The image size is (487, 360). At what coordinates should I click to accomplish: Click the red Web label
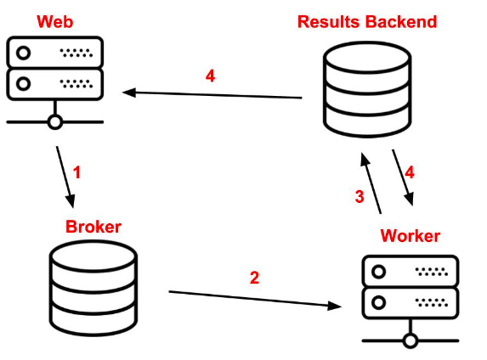[x=55, y=22]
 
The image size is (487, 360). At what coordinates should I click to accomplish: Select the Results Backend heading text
[x=367, y=22]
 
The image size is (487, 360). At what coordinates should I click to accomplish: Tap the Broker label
[x=93, y=227]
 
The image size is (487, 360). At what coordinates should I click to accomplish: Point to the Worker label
[x=410, y=236]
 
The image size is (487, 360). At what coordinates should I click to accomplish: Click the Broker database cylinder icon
[x=93, y=288]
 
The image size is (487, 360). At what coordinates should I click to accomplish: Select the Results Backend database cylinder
[x=367, y=89]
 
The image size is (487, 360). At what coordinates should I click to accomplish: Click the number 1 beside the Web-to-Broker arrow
[x=76, y=172]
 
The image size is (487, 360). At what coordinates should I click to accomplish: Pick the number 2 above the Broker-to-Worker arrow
[x=254, y=278]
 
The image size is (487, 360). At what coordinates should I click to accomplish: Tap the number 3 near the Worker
[x=360, y=196]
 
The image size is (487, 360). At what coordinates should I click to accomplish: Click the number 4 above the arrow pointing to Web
[x=210, y=76]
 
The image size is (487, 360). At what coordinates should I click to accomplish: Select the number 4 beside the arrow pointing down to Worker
[x=410, y=172]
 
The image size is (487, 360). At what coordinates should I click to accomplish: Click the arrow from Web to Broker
[x=65, y=177]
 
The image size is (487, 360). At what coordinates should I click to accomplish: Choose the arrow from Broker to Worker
[x=255, y=299]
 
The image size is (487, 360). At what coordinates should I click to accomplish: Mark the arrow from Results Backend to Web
[x=212, y=94]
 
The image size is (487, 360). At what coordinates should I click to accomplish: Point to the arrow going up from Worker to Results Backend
[x=371, y=183]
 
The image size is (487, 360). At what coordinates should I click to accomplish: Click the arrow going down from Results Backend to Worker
[x=403, y=177]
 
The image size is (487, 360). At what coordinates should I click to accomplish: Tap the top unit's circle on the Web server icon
[x=23, y=53]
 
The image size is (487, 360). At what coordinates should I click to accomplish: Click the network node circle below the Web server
[x=55, y=122]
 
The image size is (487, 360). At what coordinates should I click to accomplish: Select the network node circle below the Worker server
[x=411, y=340]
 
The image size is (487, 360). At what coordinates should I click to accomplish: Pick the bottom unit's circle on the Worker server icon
[x=378, y=302]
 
